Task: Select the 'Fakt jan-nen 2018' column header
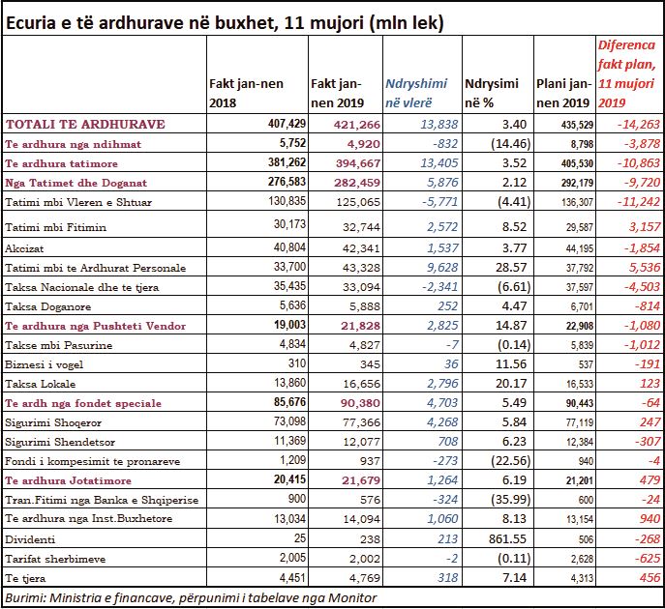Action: [246, 93]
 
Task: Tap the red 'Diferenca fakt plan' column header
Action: [626, 73]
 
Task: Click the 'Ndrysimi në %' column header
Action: [492, 93]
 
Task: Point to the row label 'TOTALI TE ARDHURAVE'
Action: [85, 124]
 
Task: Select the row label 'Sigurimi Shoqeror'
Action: [53, 422]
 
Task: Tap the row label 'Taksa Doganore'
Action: [48, 306]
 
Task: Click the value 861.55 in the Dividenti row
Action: [507, 538]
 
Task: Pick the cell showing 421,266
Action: [357, 125]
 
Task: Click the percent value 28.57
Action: [511, 267]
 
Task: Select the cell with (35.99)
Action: [510, 500]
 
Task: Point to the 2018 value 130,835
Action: [287, 200]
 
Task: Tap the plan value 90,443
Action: [579, 403]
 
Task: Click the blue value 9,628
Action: [442, 267]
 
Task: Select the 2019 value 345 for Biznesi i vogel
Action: [370, 364]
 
